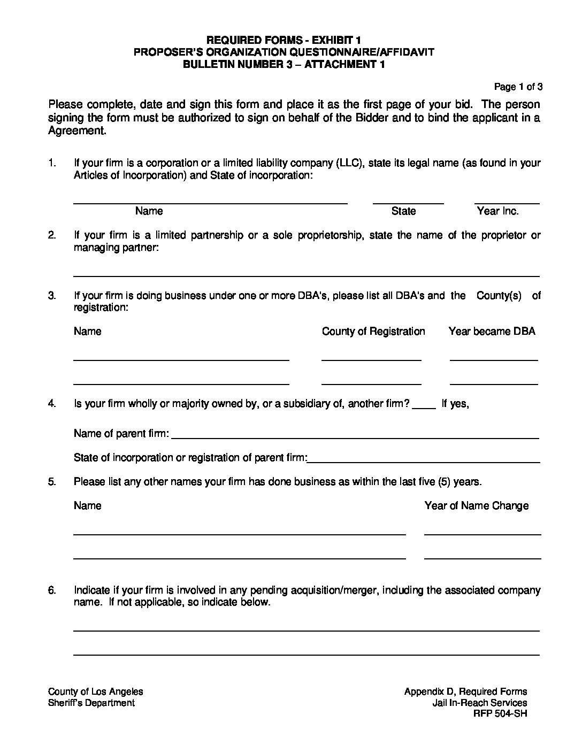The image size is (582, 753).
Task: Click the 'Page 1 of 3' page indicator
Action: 518,87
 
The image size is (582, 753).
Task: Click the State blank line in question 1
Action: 408,203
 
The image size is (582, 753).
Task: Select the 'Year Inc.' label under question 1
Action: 497,211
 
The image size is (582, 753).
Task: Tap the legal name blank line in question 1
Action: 210,203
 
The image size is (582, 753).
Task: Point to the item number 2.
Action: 52,235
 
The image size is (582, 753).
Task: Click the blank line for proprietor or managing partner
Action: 306,275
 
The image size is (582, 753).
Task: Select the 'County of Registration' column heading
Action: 373,332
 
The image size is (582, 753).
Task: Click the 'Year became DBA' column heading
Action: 492,332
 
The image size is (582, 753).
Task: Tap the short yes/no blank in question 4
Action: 425,408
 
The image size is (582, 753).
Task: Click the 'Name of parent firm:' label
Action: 121,434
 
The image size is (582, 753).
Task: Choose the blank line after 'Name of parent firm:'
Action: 355,438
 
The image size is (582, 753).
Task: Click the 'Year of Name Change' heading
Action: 476,506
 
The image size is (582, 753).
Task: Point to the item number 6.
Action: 52,590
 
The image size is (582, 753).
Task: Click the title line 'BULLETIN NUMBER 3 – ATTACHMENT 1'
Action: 284,64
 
